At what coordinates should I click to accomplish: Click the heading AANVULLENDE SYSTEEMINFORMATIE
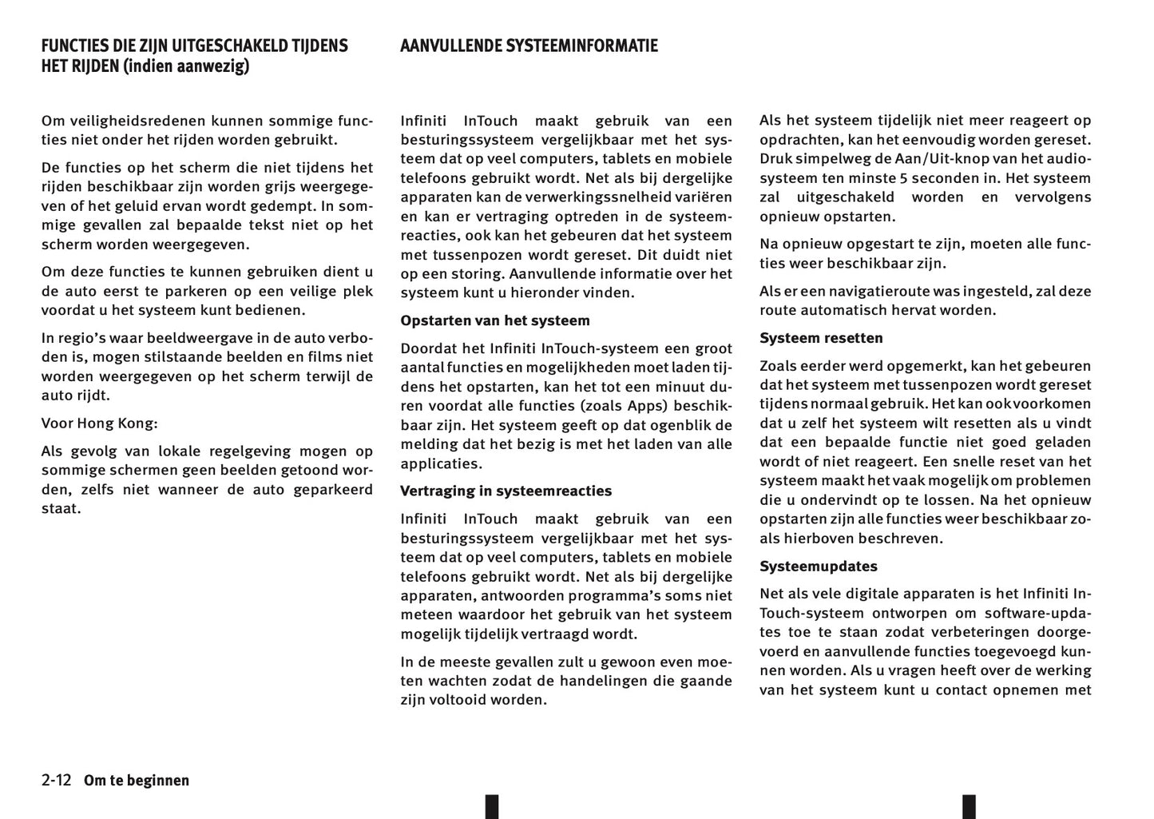[x=529, y=46]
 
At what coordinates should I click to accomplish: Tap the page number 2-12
[x=57, y=780]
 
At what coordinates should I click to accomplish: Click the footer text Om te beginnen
[x=137, y=781]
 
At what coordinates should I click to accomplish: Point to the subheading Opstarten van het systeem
[x=495, y=320]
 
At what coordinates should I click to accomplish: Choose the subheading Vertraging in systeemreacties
[x=506, y=491]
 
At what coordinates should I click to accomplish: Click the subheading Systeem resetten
[x=821, y=338]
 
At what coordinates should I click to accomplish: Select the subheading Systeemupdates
[x=818, y=566]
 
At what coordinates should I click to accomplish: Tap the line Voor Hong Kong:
[x=99, y=423]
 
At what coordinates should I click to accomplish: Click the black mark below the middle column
[x=492, y=806]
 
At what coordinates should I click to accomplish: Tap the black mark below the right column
[x=969, y=806]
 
